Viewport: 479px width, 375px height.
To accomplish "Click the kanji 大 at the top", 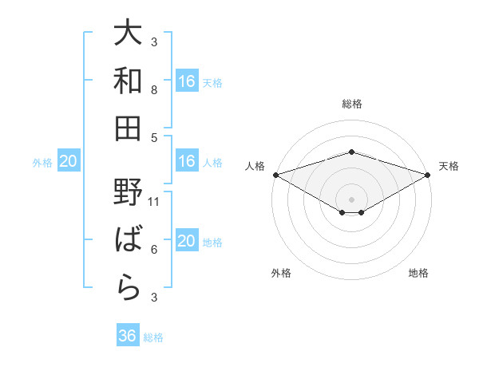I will (x=128, y=34).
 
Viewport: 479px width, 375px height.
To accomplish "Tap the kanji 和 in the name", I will (x=128, y=80).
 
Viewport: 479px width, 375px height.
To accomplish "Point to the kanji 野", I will (x=128, y=192).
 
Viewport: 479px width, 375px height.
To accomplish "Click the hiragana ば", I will (x=128, y=239).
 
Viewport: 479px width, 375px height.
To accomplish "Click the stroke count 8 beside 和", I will (x=155, y=89).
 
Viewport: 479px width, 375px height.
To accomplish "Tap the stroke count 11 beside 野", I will (x=155, y=202).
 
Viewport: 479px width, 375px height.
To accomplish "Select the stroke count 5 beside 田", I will (x=155, y=136).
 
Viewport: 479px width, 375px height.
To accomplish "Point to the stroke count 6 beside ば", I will (x=155, y=250).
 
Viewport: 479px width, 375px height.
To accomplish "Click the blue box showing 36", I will (x=128, y=336).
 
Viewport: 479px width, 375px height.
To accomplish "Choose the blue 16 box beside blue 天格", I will (x=187, y=81).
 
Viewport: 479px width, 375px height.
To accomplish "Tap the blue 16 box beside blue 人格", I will (x=187, y=161).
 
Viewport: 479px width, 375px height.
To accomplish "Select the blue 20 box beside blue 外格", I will (x=68, y=162).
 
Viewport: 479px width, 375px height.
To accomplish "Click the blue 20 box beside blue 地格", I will (x=187, y=242).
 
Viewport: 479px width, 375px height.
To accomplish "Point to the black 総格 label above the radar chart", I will (x=351, y=104).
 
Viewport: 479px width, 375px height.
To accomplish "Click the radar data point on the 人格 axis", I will (x=275, y=175).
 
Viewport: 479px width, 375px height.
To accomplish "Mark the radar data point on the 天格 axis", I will (x=427, y=175).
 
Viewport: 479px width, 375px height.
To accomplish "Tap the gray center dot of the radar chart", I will (x=351, y=199).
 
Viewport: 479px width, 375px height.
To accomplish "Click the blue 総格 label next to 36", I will (x=153, y=337).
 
